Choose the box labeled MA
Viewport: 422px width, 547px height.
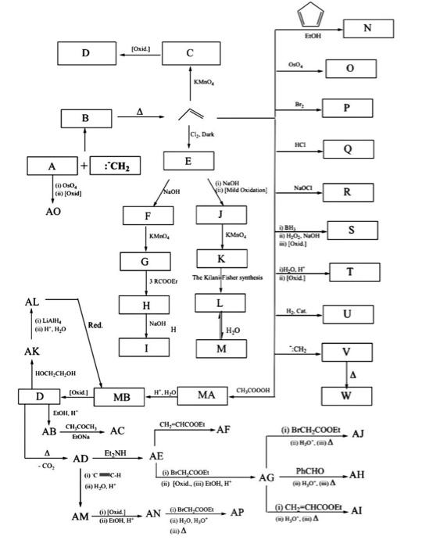[206, 396]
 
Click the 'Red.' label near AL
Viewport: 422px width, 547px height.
[95, 324]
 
